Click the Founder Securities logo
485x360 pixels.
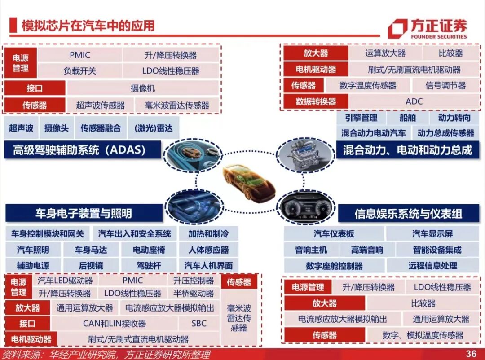tap(427, 28)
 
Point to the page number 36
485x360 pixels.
tap(471, 354)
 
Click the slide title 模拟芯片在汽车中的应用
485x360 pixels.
tap(88, 26)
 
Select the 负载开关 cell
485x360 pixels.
tap(79, 71)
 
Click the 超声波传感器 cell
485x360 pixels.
tap(100, 105)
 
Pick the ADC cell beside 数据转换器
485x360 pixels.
tap(414, 101)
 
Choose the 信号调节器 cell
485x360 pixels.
tap(445, 85)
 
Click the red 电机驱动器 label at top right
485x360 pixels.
tap(316, 70)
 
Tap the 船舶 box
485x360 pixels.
tap(407, 118)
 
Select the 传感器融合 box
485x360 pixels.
tap(101, 128)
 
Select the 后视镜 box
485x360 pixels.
tap(91, 265)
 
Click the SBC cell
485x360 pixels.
tap(198, 323)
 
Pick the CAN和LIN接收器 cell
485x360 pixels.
tap(115, 323)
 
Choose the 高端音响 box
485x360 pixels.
tap(367, 250)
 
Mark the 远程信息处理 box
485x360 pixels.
tap(432, 266)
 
